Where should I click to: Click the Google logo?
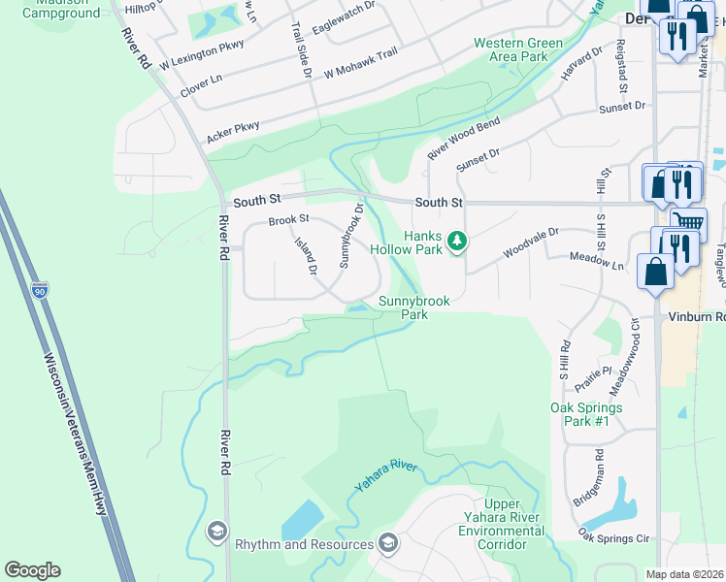pos(32,570)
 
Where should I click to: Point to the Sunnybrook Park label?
pos(414,308)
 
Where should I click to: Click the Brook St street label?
pos(288,220)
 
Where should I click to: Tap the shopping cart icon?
pos(688,224)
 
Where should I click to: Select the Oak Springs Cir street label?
pos(614,536)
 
